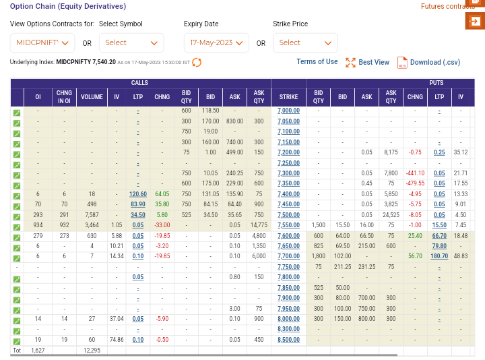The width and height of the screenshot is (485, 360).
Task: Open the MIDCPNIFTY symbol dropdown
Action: (42, 42)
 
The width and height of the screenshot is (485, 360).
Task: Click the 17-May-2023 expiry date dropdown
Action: (216, 42)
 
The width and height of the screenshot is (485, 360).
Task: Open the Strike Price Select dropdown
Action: (305, 42)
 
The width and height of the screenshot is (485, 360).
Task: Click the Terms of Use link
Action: (317, 61)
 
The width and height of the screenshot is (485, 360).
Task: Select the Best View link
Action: (368, 62)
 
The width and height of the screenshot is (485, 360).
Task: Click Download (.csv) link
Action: (428, 62)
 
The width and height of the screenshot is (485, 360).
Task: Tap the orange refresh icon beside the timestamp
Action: (197, 62)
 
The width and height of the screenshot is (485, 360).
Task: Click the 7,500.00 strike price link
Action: (288, 215)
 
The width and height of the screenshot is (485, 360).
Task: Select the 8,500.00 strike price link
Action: (288, 340)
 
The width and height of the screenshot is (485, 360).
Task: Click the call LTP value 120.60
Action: (138, 194)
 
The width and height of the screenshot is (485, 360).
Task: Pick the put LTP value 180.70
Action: (439, 256)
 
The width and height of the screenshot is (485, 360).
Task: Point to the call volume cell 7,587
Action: (92, 215)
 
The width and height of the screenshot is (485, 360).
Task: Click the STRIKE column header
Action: (288, 97)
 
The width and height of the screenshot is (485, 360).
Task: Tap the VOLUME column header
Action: (92, 97)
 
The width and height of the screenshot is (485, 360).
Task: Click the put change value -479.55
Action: (415, 183)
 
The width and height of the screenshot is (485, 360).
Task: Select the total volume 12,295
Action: (92, 351)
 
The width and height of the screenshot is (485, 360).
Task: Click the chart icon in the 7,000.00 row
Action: (17, 113)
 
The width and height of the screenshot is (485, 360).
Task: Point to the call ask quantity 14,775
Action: (259, 225)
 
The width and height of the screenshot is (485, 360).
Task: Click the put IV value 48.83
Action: (461, 256)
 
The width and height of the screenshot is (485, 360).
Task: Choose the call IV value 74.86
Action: (117, 340)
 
